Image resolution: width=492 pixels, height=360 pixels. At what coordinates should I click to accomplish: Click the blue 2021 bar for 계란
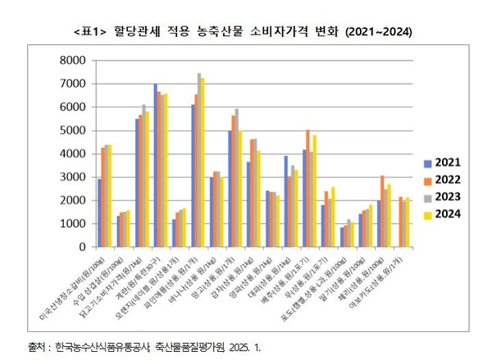click(156, 165)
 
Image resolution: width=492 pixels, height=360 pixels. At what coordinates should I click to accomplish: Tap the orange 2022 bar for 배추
click(307, 188)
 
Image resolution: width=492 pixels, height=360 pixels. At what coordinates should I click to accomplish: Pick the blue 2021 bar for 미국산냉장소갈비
click(99, 212)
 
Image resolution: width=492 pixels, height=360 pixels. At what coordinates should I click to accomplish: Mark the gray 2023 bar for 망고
click(238, 177)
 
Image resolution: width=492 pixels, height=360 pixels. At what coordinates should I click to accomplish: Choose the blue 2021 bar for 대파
click(286, 201)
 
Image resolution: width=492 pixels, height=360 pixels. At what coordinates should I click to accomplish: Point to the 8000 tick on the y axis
click(74, 61)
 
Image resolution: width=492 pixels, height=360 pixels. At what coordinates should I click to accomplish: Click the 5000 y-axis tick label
click(74, 130)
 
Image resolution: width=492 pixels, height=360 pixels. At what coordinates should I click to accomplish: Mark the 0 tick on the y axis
click(81, 247)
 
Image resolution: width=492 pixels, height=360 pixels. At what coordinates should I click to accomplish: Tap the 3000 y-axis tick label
click(74, 177)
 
